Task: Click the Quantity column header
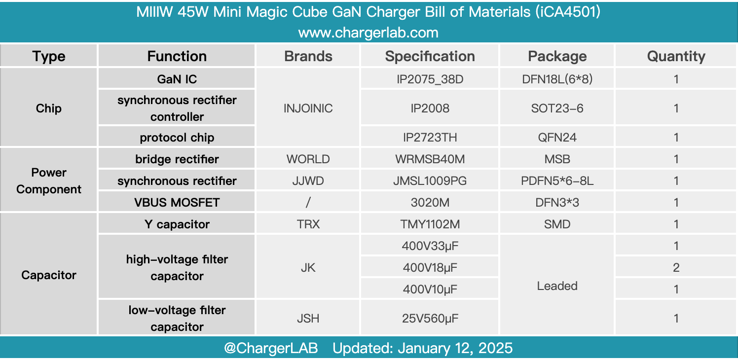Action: click(x=676, y=56)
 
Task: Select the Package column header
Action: click(x=557, y=56)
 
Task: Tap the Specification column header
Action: click(x=430, y=56)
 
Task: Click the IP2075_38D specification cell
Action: click(x=430, y=79)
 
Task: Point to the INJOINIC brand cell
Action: click(x=308, y=108)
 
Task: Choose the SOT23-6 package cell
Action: click(x=557, y=108)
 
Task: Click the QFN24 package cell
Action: click(x=557, y=137)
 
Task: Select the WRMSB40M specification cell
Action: click(x=430, y=159)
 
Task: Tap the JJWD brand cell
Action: click(x=308, y=181)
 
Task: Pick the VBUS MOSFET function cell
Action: click(x=177, y=203)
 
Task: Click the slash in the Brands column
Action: click(x=308, y=203)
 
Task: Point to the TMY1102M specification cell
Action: click(x=430, y=224)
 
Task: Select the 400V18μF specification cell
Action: click(x=430, y=268)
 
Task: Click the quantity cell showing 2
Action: click(x=676, y=268)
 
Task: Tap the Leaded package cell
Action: click(x=557, y=286)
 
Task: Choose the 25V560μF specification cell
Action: click(x=430, y=319)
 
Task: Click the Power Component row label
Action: click(x=49, y=181)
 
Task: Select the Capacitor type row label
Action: click(x=49, y=275)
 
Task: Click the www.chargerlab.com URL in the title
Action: click(x=368, y=33)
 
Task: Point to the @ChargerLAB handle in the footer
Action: click(x=271, y=348)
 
